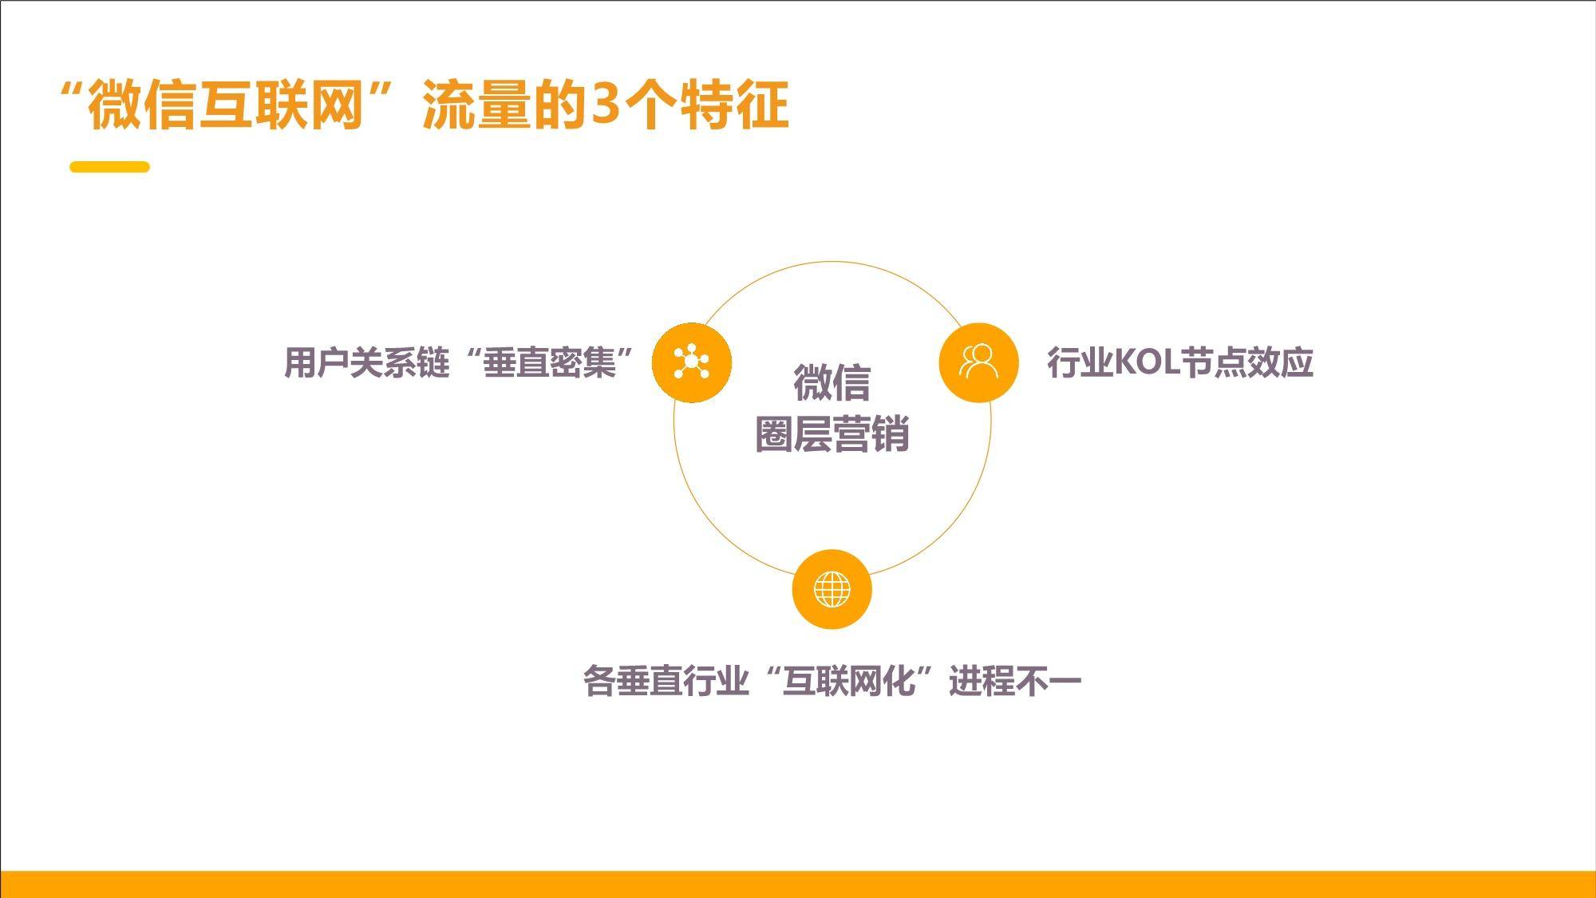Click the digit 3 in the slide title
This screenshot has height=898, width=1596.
coord(605,104)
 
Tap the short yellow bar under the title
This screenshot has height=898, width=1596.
coord(109,167)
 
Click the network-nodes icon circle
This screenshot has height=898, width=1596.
coord(692,362)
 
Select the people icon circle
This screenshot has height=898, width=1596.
coord(978,362)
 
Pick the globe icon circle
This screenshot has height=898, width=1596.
coord(832,589)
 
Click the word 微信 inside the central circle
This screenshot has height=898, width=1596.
coord(832,382)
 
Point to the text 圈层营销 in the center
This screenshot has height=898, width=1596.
coord(832,435)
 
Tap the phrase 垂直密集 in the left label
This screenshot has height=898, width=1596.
coord(549,362)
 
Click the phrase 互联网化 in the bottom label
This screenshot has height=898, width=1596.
coord(848,681)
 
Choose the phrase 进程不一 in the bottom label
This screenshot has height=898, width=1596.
coord(1015,681)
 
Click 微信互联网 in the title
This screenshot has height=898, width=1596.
coord(226,105)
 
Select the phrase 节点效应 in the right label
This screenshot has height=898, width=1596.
coord(1246,362)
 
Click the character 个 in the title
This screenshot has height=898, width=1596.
coord(650,105)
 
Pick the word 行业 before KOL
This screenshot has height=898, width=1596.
coord(1080,362)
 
